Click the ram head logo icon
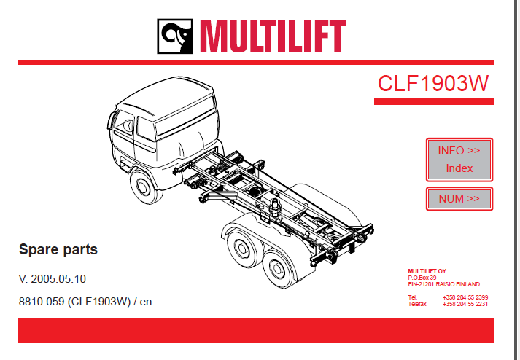point(175,36)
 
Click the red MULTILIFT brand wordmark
point(273,36)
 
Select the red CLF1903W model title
point(433,83)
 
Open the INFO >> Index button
point(459,160)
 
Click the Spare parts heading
point(58,250)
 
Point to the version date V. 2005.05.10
point(53,279)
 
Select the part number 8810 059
point(42,302)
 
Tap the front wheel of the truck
point(144,187)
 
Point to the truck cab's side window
point(146,128)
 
